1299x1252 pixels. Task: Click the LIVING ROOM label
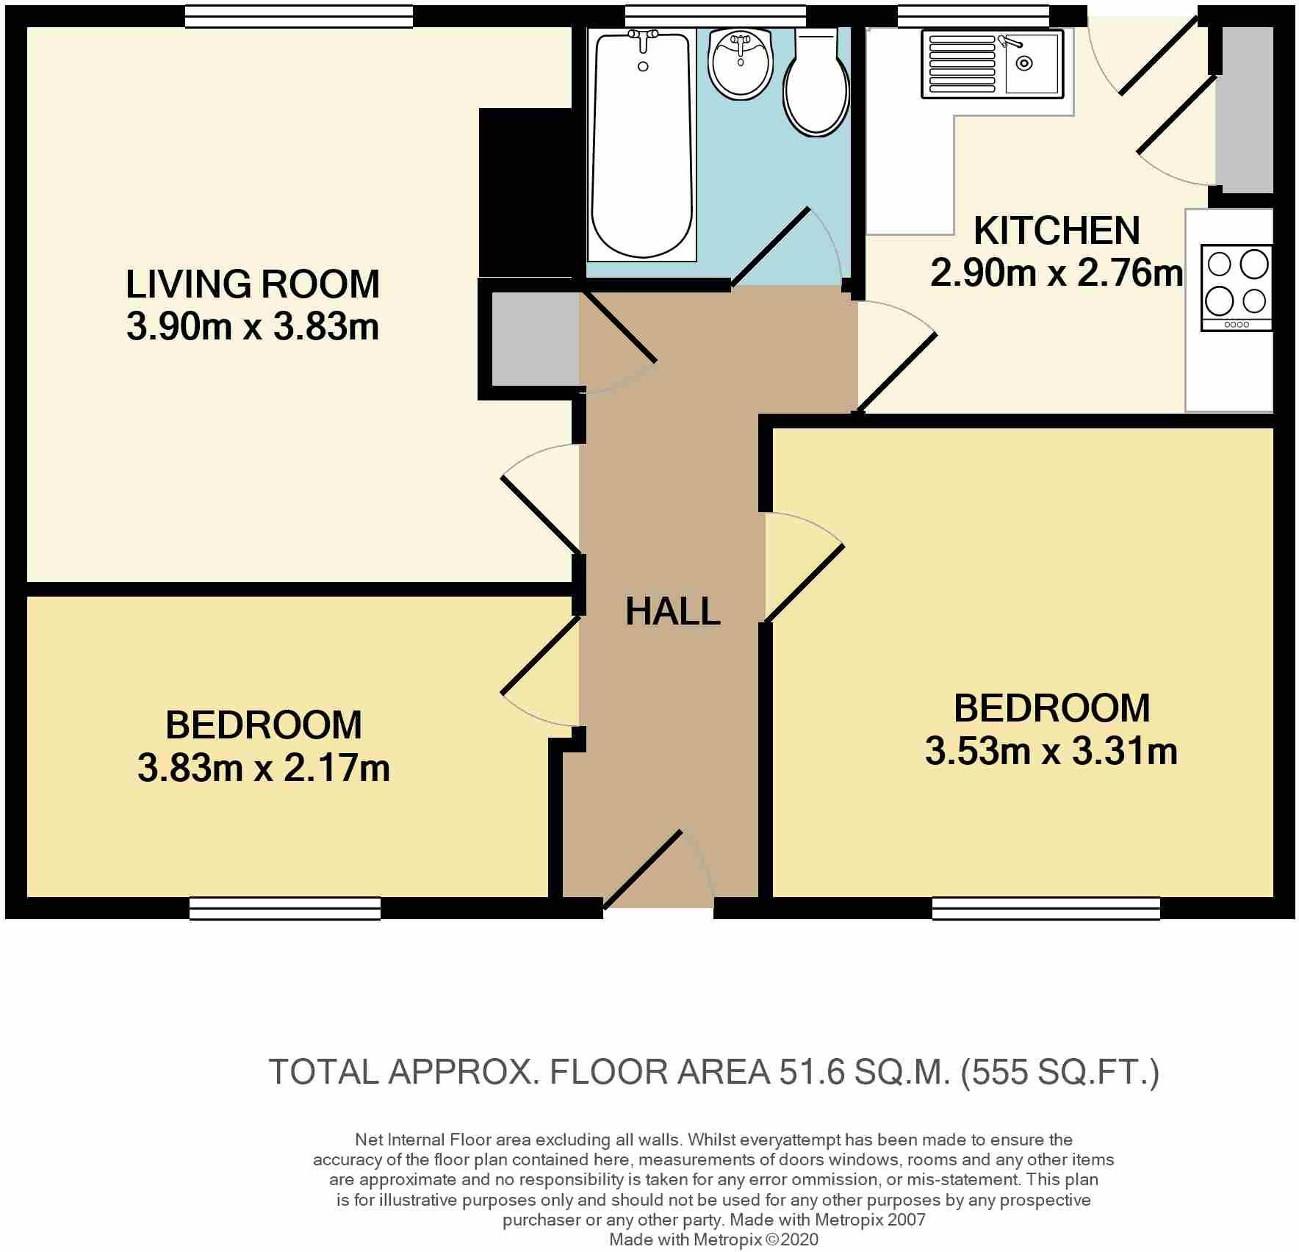[253, 284]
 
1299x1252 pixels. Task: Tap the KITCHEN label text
[1057, 231]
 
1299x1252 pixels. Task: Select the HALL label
[672, 611]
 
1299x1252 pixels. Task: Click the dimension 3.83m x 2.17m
[264, 769]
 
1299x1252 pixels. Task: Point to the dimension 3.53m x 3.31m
[1051, 752]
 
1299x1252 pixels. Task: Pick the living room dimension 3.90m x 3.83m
[253, 327]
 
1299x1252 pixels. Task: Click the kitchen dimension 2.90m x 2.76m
[1057, 273]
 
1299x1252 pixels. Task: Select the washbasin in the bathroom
[741, 63]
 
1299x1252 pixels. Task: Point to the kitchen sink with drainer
[993, 65]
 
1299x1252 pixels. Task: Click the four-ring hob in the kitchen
[1237, 288]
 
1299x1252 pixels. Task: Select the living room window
[298, 16]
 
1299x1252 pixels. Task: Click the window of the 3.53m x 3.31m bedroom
[1046, 908]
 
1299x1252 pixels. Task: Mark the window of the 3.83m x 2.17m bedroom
[285, 908]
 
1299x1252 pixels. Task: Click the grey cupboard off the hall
[535, 339]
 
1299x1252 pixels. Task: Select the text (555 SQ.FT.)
[1060, 1073]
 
